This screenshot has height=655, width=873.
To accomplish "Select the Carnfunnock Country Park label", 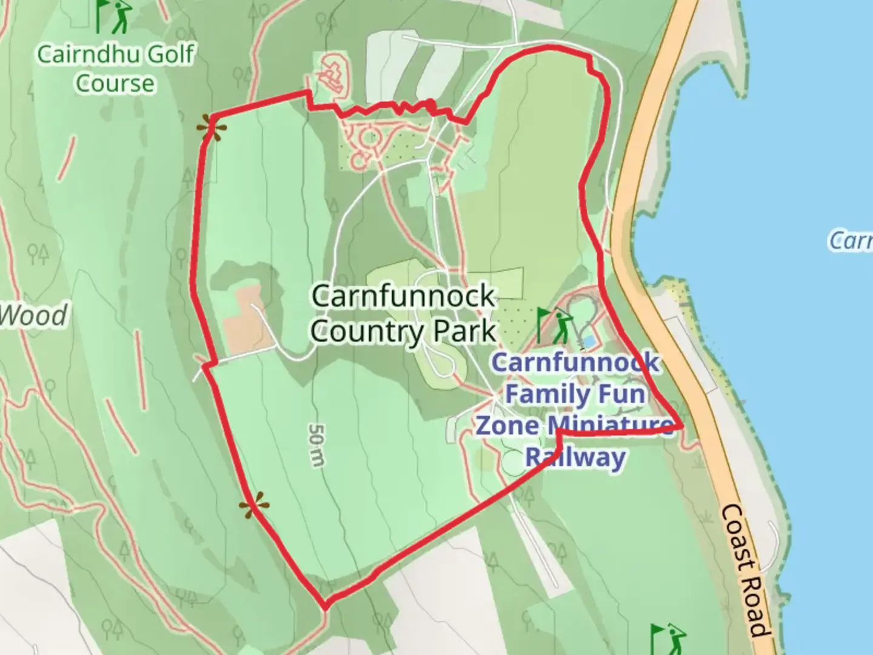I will (x=403, y=314).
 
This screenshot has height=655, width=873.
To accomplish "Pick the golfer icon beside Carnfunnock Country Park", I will (x=554, y=325).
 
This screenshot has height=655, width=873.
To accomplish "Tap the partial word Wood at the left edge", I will (x=33, y=315).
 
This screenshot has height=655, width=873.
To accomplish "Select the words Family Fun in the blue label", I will (x=575, y=394).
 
